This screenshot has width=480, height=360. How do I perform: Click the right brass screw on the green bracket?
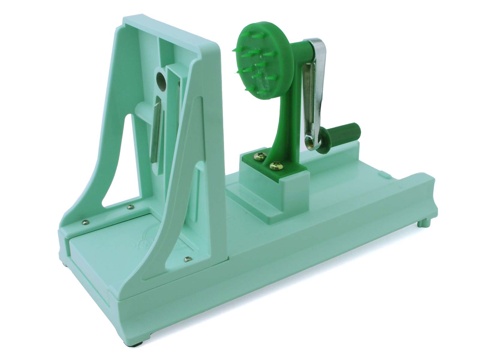(x=274, y=165)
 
